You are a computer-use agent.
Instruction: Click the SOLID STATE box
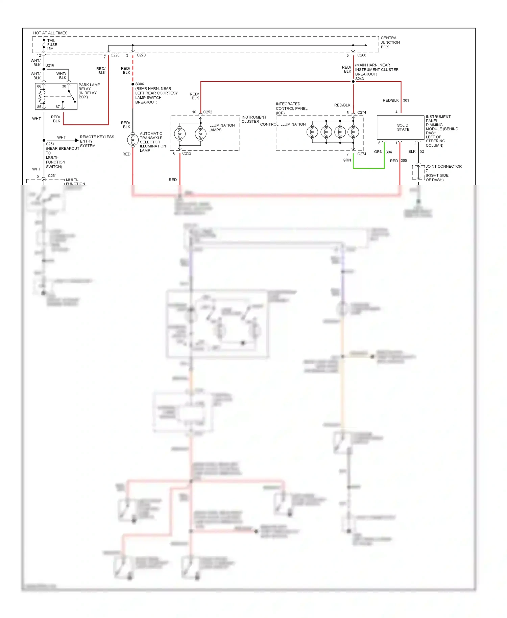coord(401,127)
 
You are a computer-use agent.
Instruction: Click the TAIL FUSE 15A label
coord(52,45)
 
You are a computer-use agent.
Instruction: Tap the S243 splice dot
coord(353,81)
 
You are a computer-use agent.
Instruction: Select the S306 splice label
coord(140,84)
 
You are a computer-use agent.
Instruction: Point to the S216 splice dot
coord(44,69)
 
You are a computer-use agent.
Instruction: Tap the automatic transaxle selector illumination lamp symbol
coord(132,140)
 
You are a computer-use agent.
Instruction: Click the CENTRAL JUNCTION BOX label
coord(390,42)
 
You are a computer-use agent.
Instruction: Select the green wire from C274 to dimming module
coord(368,168)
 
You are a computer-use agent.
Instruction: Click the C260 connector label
coord(362,55)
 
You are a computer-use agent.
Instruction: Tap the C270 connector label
coord(141,55)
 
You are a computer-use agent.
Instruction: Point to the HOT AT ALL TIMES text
coord(50,33)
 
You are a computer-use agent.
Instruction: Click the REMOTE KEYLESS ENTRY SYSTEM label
coord(97,141)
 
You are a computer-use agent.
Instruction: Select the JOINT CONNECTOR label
coord(443,166)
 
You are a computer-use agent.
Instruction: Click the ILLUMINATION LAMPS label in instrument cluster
coord(221,127)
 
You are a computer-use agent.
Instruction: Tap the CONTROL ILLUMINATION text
coord(283,124)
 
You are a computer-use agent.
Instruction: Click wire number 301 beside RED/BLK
coord(406,100)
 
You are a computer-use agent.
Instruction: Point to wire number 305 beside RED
coord(404,161)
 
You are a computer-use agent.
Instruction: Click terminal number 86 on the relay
coord(39,86)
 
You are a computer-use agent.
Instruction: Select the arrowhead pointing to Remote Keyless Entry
coord(77,140)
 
